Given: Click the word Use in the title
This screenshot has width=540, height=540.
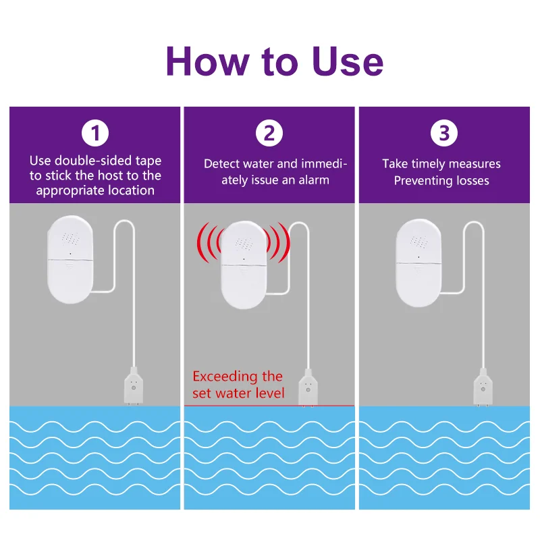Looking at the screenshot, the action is (348, 61).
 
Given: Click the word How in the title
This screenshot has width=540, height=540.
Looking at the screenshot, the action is (207, 61).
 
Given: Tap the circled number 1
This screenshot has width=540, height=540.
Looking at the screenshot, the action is (95, 133).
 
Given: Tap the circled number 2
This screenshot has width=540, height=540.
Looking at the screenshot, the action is (269, 133).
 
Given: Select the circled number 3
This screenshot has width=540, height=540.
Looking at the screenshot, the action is (444, 133).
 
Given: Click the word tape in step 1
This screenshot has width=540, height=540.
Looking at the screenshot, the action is (148, 161).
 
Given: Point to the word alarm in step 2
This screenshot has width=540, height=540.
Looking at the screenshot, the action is (314, 180).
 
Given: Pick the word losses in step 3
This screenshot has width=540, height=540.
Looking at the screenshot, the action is (472, 181).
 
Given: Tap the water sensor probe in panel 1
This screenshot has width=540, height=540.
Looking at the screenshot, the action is (134, 386).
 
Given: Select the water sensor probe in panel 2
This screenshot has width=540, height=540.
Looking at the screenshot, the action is (308, 387).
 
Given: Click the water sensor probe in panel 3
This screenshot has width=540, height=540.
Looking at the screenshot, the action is (483, 387).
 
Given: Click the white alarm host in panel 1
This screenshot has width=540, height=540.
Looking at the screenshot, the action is (70, 260).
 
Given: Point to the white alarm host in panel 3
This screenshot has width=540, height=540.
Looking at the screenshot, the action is (418, 263).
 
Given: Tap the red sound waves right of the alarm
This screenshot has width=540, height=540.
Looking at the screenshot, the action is (278, 243).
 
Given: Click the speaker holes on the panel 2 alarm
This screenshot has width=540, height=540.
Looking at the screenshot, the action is (244, 244).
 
